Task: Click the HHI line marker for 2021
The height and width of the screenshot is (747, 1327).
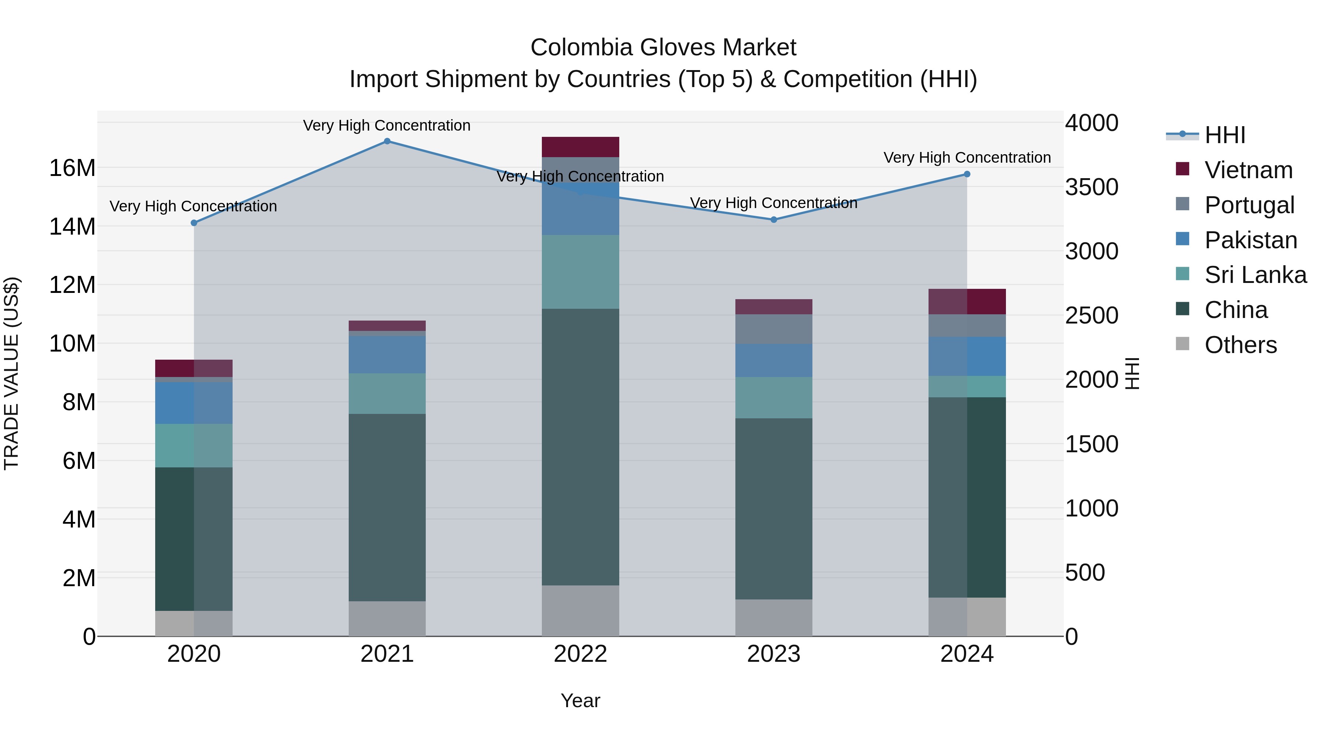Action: (387, 141)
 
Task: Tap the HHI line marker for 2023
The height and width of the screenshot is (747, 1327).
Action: (773, 219)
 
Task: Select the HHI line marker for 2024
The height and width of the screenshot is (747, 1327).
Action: (966, 174)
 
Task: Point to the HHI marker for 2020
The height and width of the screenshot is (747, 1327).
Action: (194, 223)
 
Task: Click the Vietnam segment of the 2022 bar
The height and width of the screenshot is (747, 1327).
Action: (580, 147)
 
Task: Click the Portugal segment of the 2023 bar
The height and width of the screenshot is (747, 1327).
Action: (773, 329)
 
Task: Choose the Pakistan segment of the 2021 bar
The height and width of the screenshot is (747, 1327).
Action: (387, 355)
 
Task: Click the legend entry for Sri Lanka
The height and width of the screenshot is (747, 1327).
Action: (1255, 275)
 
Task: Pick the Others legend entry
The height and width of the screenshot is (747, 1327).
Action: (1240, 345)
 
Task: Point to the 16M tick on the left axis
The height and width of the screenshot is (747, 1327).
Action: (72, 168)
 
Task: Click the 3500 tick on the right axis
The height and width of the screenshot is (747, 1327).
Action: (1091, 187)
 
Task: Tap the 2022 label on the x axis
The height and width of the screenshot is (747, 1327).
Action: (580, 654)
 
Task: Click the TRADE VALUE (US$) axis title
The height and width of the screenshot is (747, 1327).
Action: (11, 373)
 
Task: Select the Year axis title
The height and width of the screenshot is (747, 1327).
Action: (580, 701)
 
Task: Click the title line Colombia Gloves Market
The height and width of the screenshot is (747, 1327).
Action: (663, 48)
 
